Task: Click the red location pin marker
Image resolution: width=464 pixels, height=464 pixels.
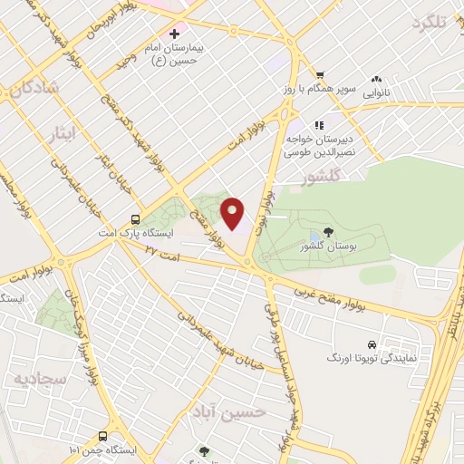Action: (234, 213)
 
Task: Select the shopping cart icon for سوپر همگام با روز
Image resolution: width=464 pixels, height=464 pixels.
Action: (319, 75)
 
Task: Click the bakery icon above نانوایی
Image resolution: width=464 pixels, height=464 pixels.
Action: (376, 79)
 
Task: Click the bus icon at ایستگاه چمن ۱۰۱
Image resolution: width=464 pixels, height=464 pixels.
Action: (103, 436)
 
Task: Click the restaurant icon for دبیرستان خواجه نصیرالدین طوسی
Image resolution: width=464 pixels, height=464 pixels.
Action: (318, 125)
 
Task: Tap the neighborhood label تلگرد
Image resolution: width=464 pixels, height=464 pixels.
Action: (430, 23)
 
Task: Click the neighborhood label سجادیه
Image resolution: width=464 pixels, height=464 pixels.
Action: (34, 375)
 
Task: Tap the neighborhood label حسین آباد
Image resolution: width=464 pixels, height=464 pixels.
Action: (228, 412)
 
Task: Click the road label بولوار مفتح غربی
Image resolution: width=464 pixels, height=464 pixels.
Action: (342, 303)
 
